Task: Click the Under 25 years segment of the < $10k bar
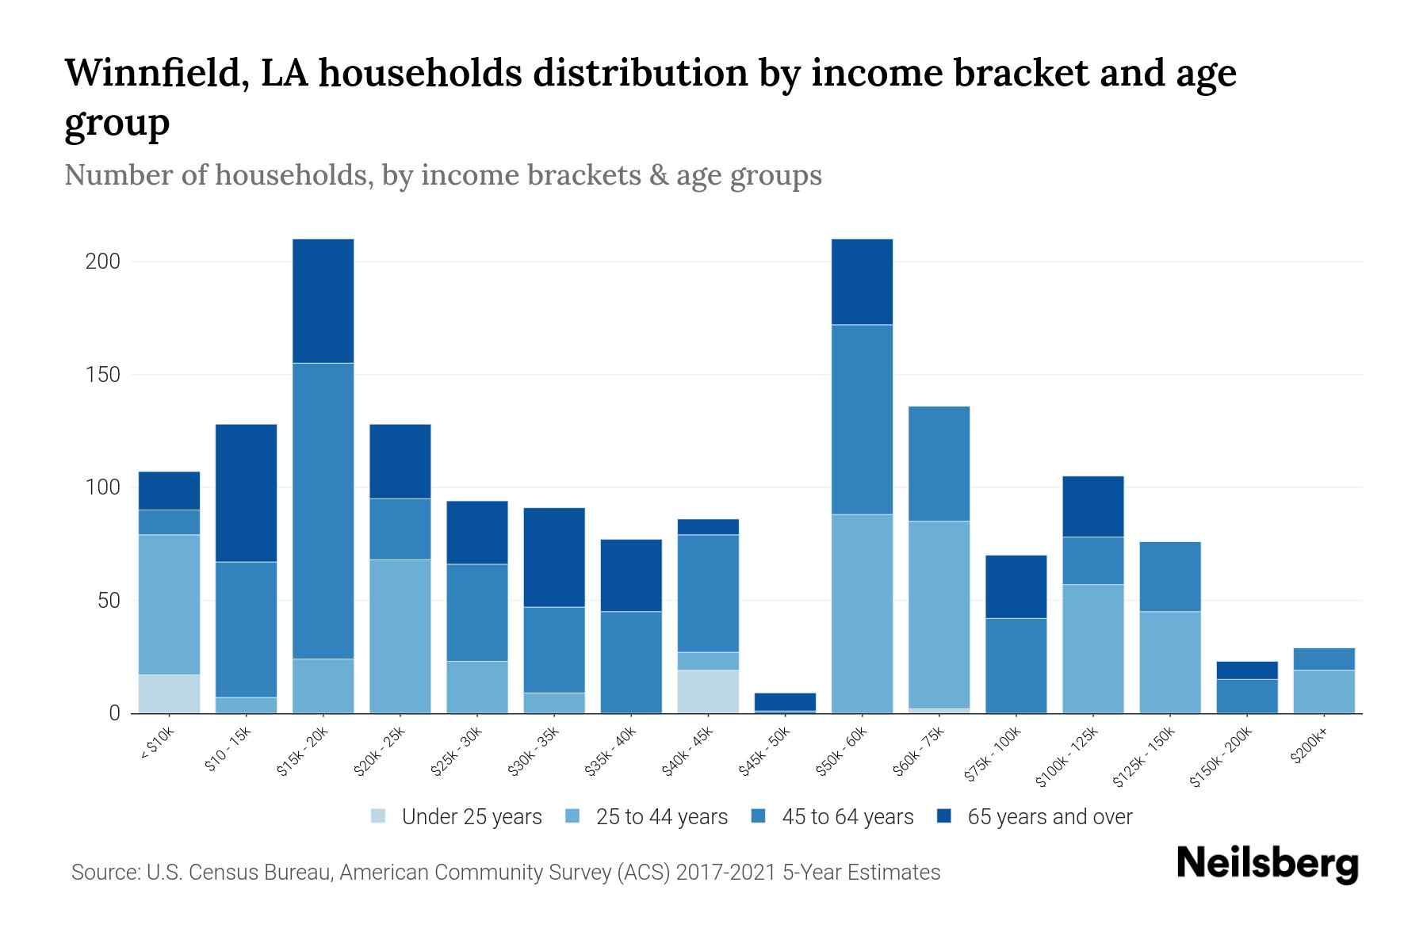[169, 693]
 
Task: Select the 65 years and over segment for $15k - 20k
[323, 300]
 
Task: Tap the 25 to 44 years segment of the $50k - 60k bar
[862, 613]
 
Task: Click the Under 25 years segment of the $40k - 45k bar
[708, 691]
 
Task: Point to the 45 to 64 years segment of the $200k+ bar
[1323, 659]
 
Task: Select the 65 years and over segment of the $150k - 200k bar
[1246, 670]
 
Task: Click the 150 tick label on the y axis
[102, 374]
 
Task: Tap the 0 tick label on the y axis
[114, 713]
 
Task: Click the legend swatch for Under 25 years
[379, 816]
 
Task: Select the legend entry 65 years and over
[1049, 816]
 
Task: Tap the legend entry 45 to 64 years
[847, 816]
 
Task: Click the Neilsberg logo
[1267, 863]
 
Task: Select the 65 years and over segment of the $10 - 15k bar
[246, 493]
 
